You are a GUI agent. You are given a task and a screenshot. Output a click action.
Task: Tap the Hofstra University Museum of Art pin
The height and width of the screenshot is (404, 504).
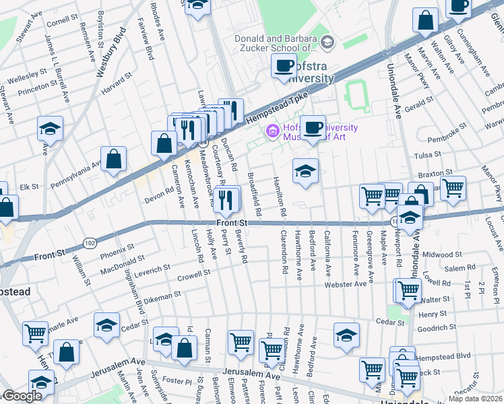point(272,130)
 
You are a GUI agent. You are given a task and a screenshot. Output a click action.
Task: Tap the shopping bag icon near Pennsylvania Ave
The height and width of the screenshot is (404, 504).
point(115,159)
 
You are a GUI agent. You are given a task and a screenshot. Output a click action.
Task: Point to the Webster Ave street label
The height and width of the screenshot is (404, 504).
point(346,284)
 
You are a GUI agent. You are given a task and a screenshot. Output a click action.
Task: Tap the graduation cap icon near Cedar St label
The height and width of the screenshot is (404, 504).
point(106,325)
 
